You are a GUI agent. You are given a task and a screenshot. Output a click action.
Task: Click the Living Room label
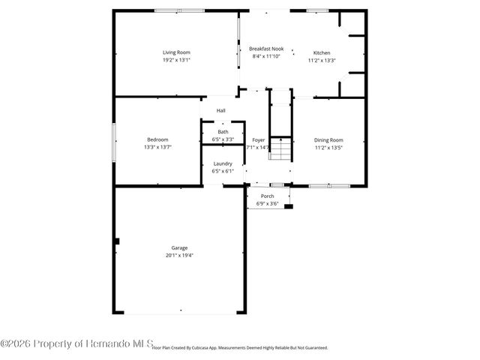point(176,52)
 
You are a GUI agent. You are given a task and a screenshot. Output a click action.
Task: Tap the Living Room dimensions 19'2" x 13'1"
point(176,60)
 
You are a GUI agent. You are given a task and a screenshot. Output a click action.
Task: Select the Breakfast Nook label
point(265,49)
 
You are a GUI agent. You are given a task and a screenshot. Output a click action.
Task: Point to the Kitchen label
point(322,52)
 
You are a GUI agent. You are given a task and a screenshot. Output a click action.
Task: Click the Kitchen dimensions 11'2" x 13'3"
point(322,60)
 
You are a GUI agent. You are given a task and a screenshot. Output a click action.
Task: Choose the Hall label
point(221,110)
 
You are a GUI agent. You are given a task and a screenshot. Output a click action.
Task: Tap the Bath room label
point(223,132)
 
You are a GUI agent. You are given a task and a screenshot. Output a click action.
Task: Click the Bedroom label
point(157,139)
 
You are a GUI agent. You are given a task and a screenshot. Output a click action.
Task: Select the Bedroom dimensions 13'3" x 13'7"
point(157,147)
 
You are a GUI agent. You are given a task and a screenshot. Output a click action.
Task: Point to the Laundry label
point(223,163)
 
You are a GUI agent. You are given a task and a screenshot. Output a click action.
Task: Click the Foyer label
point(258,139)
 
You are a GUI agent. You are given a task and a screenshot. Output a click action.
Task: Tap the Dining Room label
point(328,139)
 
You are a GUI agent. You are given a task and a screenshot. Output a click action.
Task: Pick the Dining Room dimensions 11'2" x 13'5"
point(328,147)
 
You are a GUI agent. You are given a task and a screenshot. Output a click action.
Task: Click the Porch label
point(267,196)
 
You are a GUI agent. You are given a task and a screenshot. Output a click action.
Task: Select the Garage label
point(178,247)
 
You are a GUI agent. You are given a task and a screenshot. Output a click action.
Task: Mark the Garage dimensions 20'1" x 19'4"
point(178,255)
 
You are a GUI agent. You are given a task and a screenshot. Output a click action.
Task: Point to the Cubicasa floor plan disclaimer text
point(240,348)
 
